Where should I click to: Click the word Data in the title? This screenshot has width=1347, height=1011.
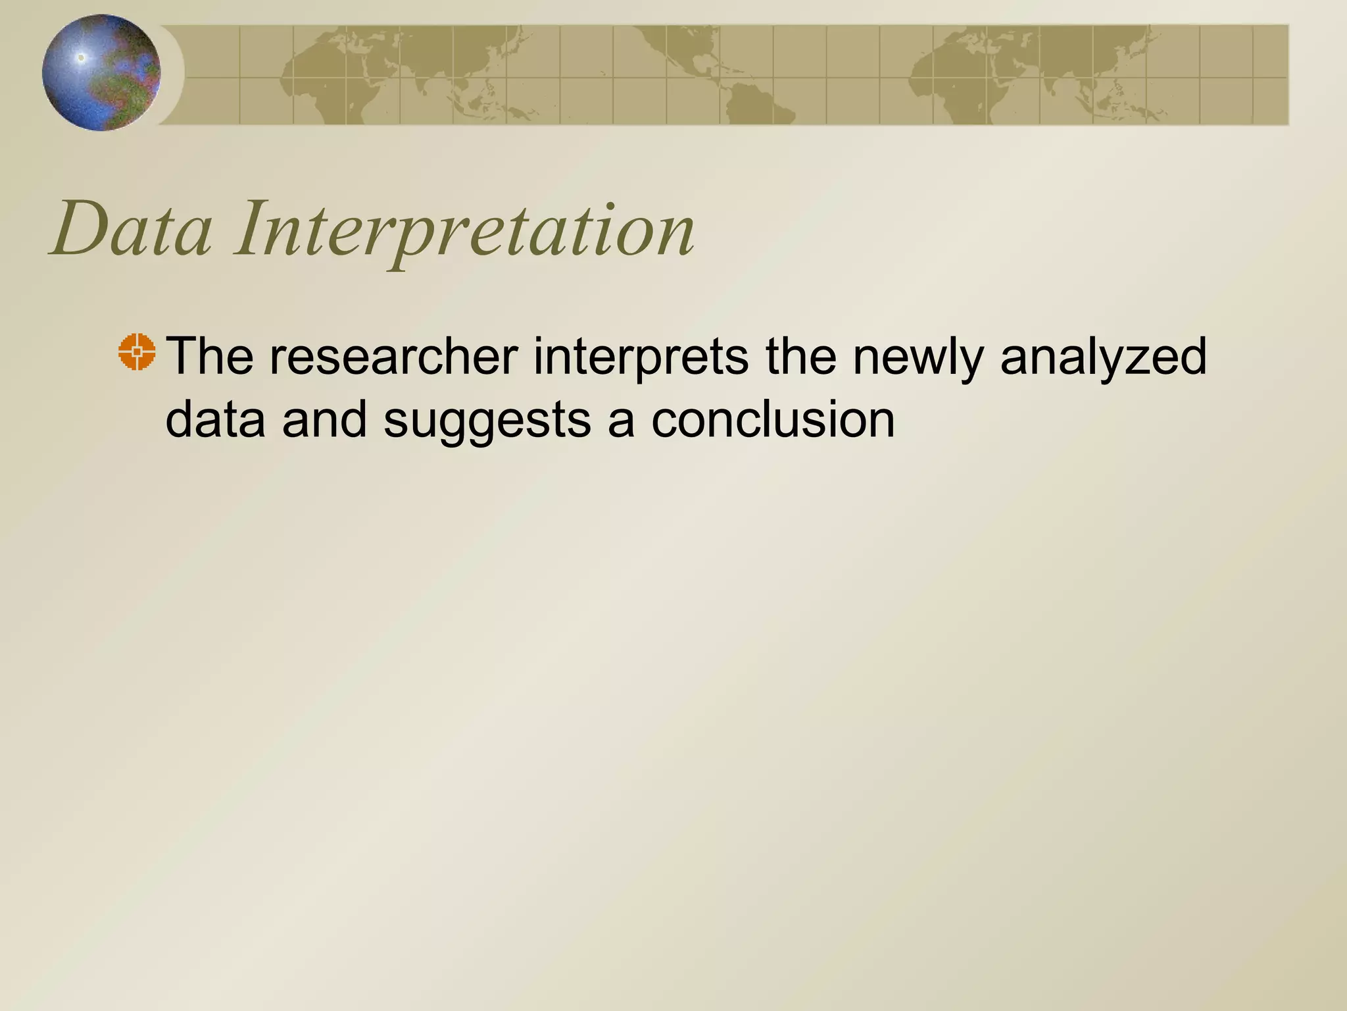tap(132, 230)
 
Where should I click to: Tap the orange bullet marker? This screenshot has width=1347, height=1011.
tap(137, 352)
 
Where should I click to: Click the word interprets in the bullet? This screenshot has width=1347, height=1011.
tap(641, 356)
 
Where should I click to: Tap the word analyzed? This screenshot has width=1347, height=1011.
tap(1103, 356)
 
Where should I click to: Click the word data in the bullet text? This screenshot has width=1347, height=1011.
tap(215, 419)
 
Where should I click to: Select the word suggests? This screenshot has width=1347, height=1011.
tap(487, 419)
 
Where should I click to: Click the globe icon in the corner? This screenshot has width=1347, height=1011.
tap(101, 72)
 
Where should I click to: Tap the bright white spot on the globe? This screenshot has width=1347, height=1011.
tap(82, 58)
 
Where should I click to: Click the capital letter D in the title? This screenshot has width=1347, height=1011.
tap(82, 230)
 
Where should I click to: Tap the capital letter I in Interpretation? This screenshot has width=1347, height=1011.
tap(253, 230)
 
